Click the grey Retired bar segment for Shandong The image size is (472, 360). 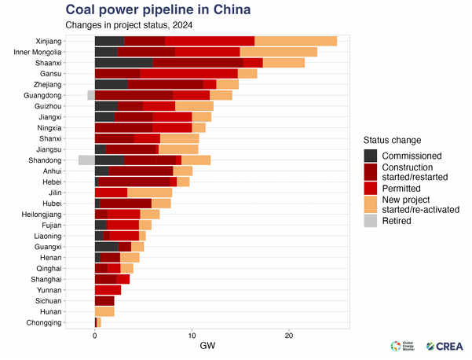(x=86, y=160)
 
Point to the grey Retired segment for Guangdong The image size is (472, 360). (x=91, y=95)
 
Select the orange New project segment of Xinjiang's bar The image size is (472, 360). (x=295, y=41)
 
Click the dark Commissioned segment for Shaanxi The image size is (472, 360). (x=123, y=62)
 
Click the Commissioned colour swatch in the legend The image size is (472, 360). (x=371, y=155)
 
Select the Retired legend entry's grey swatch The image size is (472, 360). (x=371, y=221)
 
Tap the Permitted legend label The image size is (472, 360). (x=401, y=189)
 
